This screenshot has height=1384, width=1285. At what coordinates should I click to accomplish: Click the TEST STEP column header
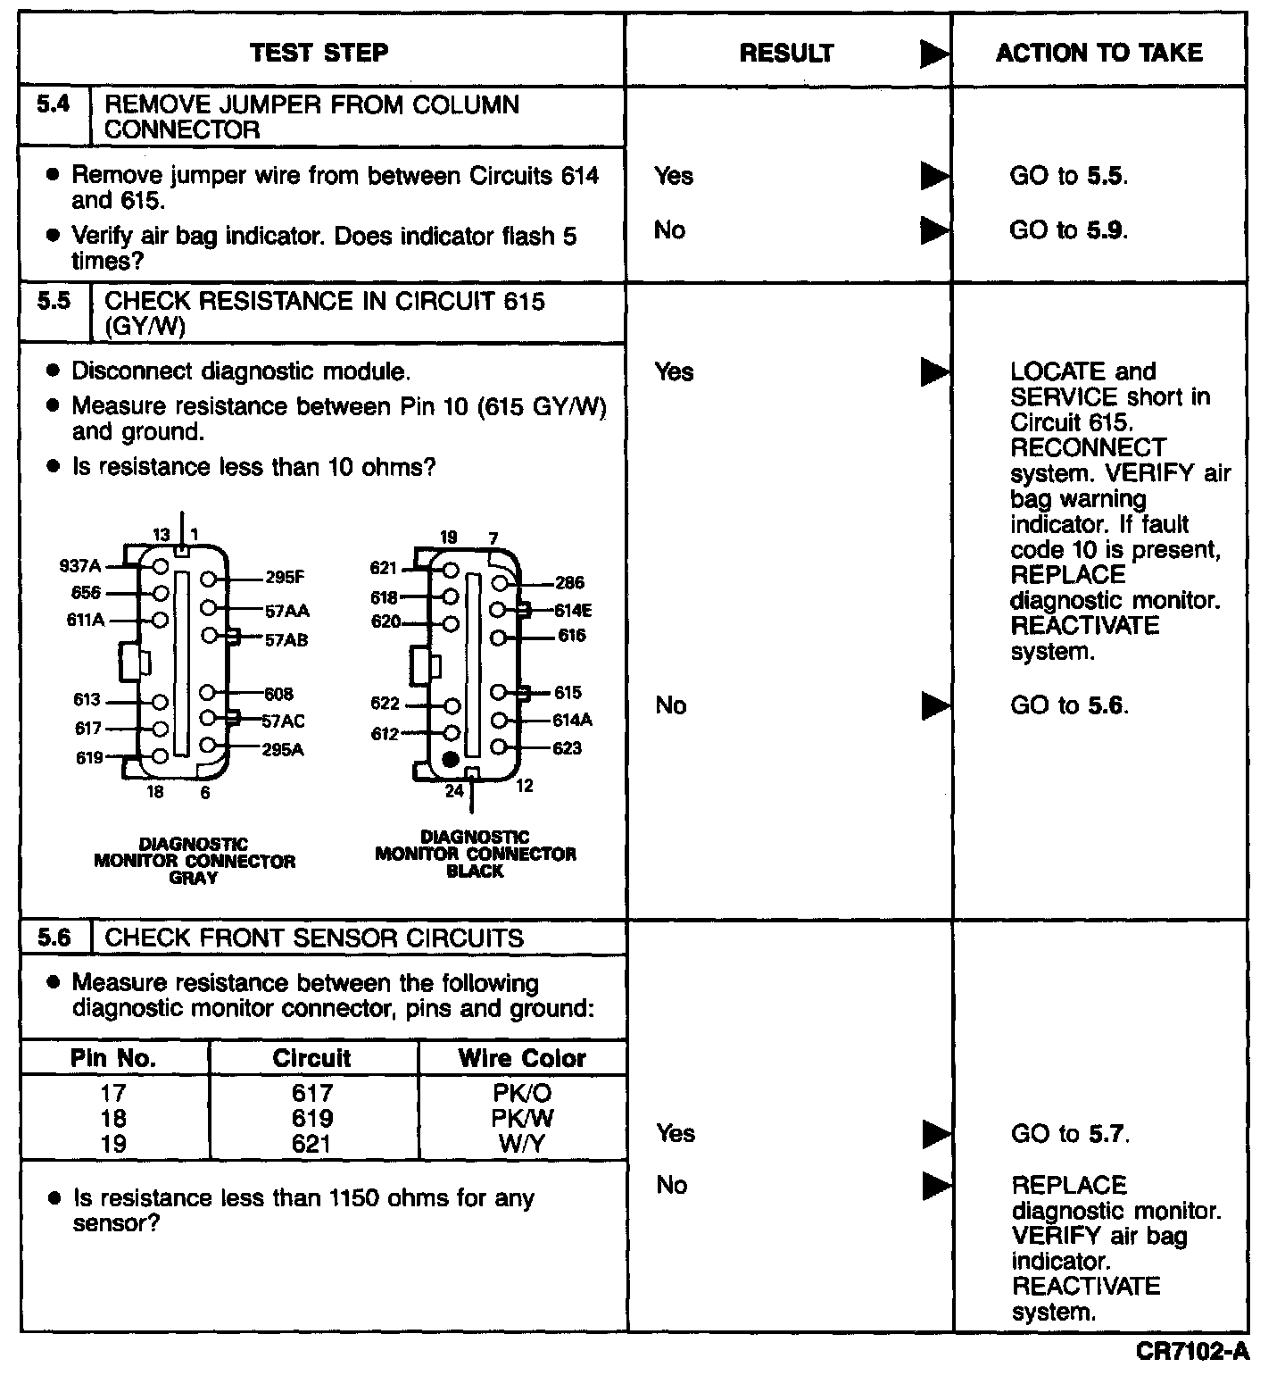(319, 53)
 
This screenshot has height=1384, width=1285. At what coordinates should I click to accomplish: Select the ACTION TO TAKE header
(1098, 53)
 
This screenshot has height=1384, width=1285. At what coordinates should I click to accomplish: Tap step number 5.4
(54, 104)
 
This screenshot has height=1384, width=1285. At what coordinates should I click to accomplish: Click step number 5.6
(54, 938)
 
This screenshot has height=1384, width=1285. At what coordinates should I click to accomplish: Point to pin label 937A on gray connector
(80, 566)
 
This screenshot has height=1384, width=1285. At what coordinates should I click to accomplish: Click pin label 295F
(286, 577)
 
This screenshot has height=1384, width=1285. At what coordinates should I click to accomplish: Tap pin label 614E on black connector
(572, 611)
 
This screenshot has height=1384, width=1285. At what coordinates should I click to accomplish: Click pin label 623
(567, 747)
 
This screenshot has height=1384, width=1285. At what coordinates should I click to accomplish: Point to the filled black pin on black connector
(451, 760)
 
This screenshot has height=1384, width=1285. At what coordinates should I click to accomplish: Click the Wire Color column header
(522, 1058)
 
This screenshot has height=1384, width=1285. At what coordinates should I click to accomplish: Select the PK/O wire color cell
(522, 1093)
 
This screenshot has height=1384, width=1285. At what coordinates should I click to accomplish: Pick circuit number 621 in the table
(312, 1144)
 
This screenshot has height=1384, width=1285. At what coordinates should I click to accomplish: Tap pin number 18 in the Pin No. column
(114, 1118)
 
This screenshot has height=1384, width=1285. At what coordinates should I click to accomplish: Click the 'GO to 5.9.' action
(1068, 230)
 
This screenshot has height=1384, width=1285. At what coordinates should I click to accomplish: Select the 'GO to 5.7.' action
(1070, 1134)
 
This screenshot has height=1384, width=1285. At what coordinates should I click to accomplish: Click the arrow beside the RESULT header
(934, 54)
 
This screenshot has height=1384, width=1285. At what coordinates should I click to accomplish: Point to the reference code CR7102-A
(1192, 1352)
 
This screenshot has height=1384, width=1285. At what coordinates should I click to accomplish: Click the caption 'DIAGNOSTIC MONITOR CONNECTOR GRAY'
(195, 861)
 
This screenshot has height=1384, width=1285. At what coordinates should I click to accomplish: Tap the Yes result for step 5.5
(674, 372)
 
